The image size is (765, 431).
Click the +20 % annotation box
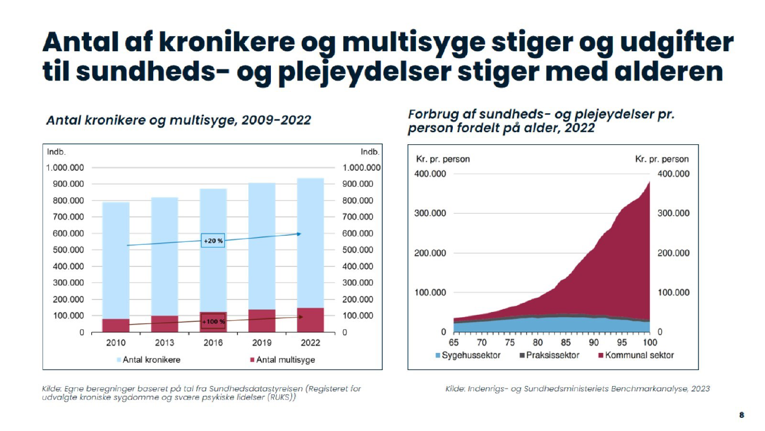213,241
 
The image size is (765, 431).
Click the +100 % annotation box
213,322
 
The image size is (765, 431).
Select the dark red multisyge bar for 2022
310,320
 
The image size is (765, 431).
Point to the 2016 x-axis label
213,343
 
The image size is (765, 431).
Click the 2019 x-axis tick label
262,343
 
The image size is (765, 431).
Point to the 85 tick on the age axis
566,343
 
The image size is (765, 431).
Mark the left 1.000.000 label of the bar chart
65,167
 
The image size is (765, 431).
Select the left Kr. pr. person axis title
441,159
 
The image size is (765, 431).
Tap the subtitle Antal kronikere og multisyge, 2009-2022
178,120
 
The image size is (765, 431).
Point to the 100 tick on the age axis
650,343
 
